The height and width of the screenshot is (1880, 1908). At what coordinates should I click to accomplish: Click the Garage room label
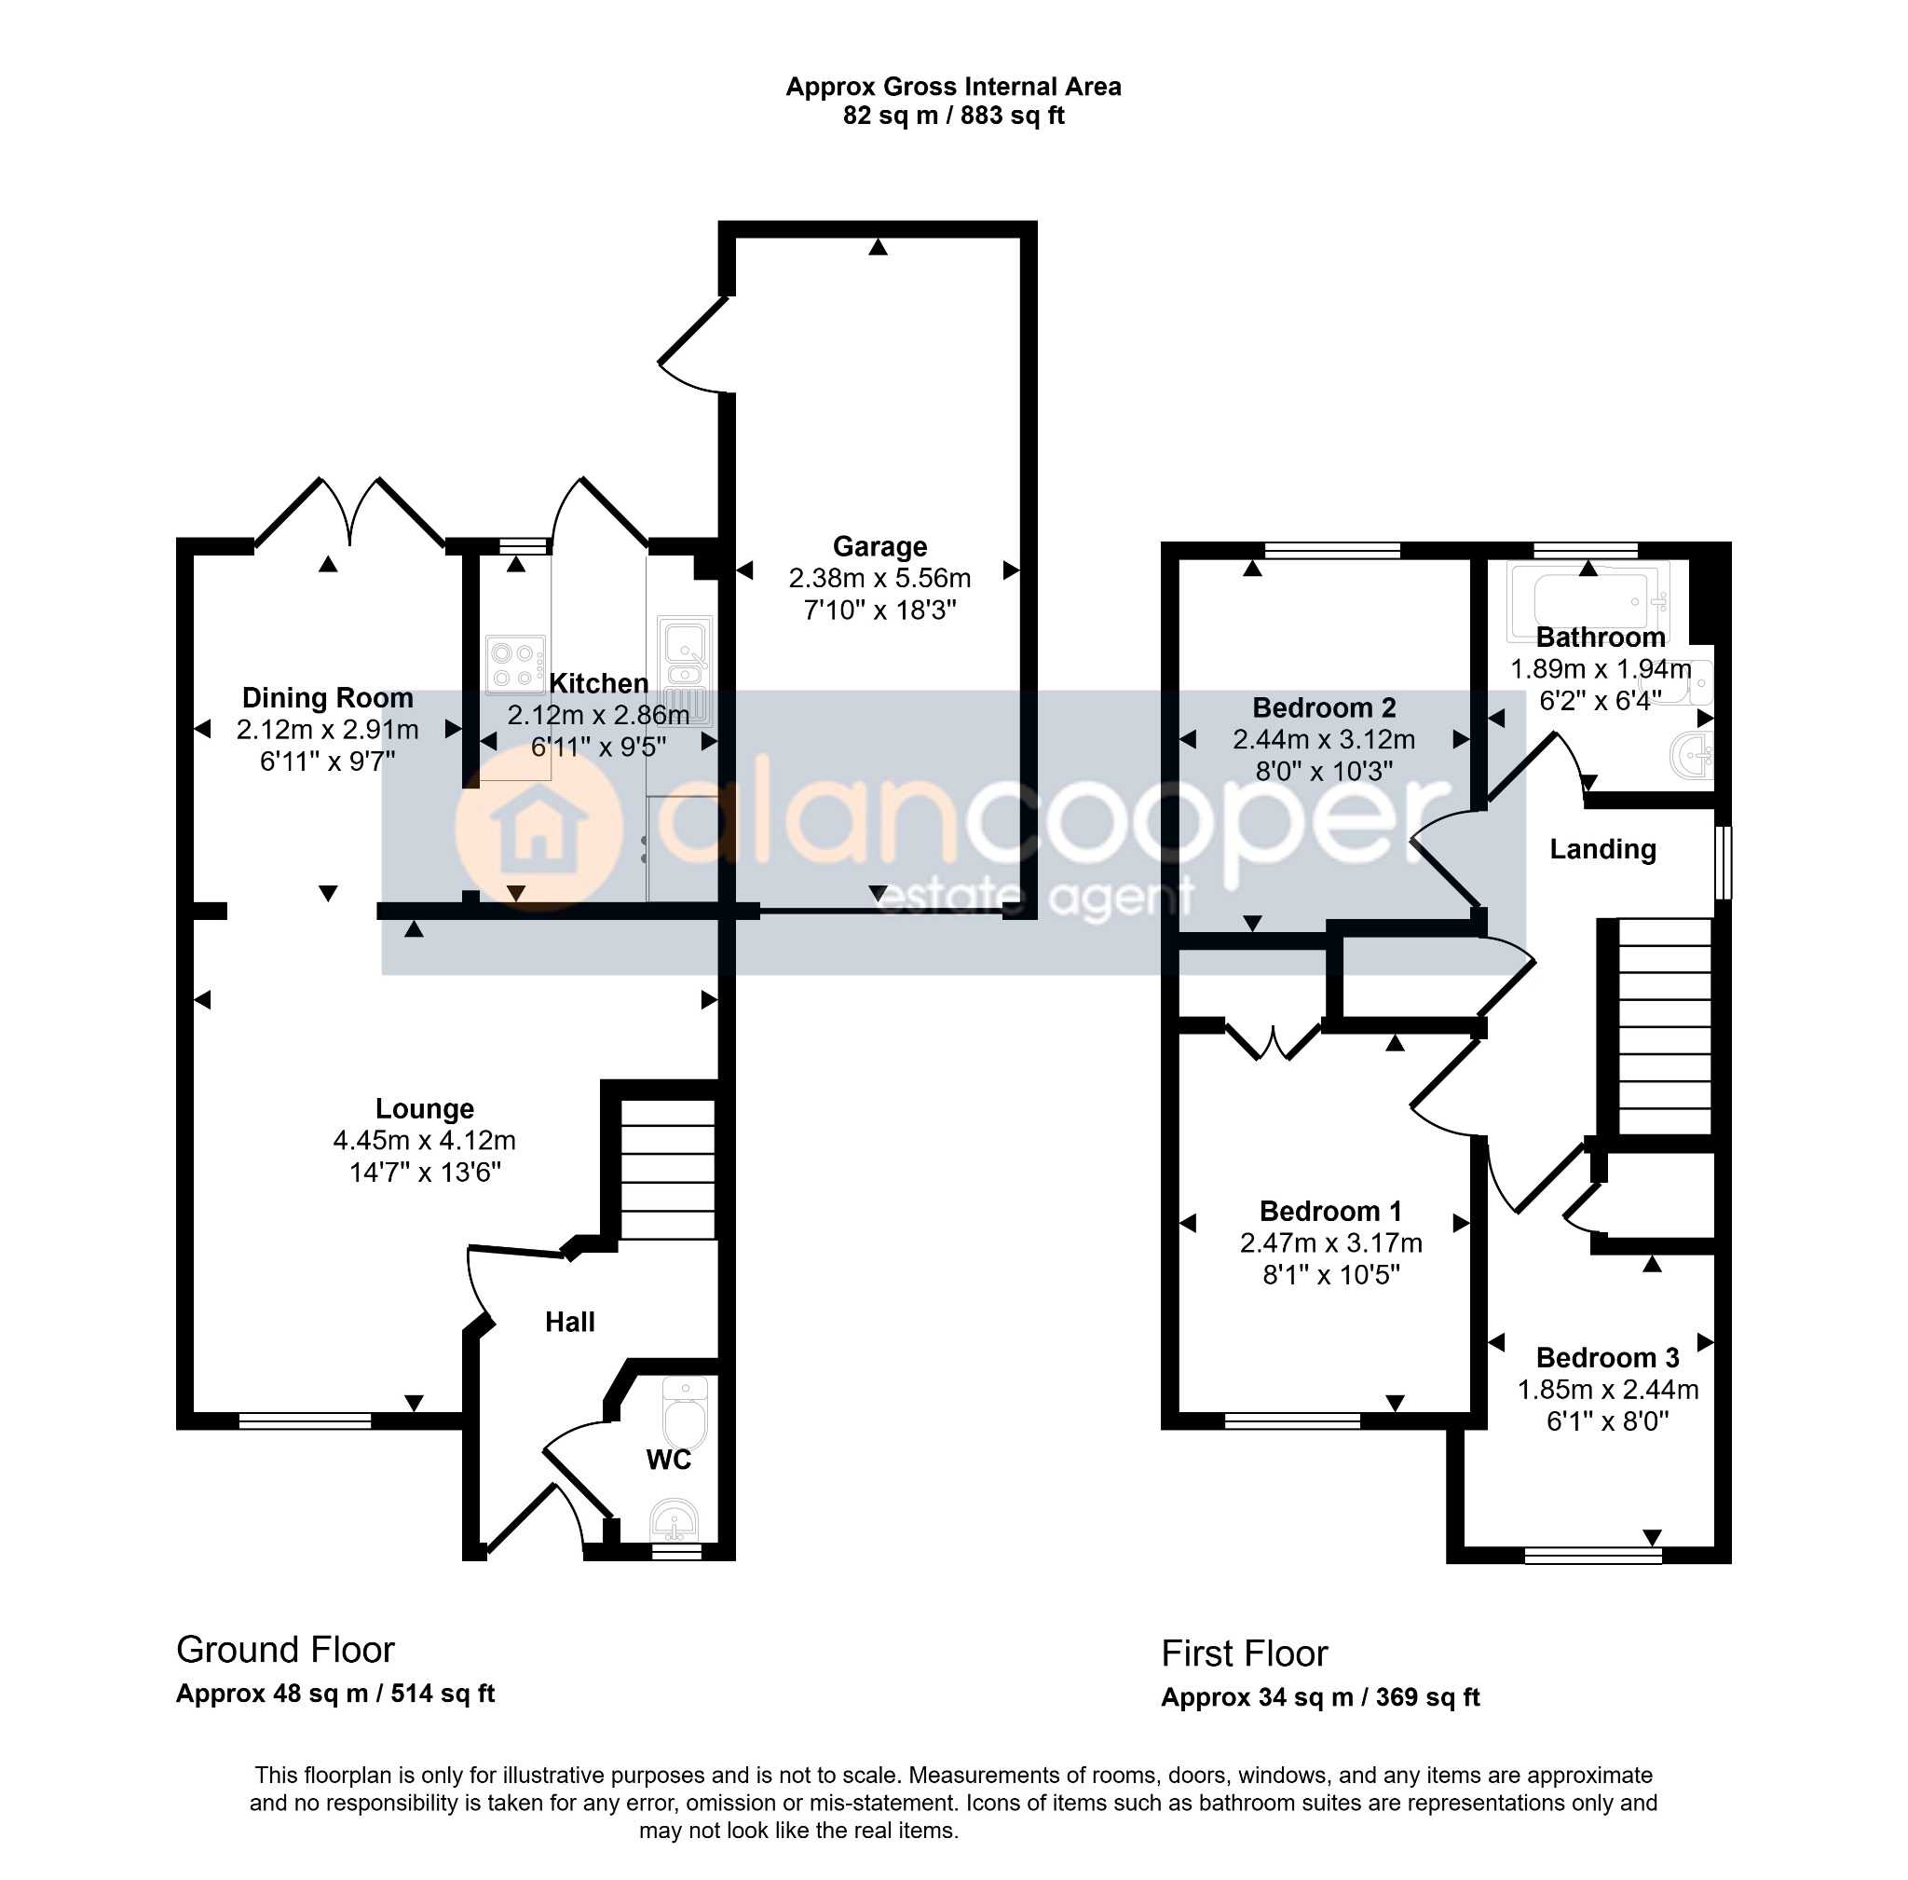point(879,546)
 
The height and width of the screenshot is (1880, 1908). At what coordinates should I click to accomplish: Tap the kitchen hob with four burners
point(515,665)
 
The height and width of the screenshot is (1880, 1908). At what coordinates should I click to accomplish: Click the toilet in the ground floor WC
point(686,1412)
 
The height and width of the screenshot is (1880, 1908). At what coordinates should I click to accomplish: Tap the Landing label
point(1602,849)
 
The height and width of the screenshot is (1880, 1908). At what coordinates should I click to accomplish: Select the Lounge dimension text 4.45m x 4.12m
point(425,1141)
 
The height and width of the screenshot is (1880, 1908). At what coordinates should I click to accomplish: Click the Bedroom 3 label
point(1607,1358)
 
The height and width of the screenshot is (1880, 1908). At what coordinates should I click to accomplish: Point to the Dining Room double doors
point(350,511)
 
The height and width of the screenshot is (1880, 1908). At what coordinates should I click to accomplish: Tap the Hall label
point(569,1322)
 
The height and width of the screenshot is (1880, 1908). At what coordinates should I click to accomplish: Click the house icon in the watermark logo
point(538,830)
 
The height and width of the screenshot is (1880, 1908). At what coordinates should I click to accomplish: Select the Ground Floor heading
point(285,1650)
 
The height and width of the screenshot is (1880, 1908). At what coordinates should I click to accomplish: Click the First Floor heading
point(1244,1654)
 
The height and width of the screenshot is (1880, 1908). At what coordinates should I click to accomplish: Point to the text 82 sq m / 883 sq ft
point(953,116)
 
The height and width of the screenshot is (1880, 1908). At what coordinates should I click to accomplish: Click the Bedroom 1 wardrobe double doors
point(1274,1042)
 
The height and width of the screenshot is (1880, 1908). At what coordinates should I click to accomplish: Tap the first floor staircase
point(1664,1026)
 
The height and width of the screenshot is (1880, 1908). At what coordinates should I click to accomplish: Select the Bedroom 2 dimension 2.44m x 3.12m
point(1324,739)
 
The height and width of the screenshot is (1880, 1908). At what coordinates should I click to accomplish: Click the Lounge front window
point(305,1420)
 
